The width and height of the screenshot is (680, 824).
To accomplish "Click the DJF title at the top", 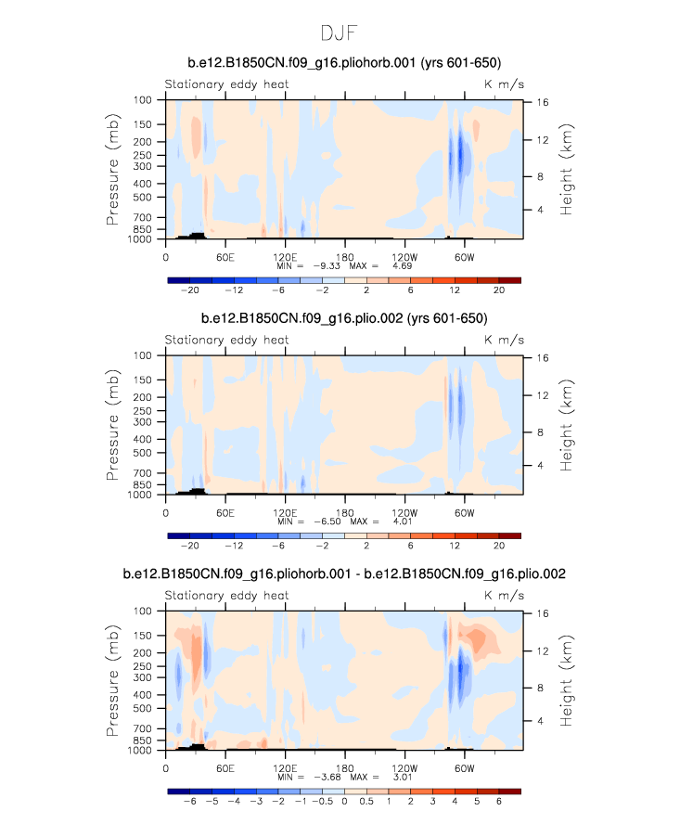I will coord(339,33).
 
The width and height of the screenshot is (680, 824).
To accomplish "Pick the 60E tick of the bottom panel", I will coord(225,767).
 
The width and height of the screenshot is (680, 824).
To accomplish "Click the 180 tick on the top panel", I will coord(345,256).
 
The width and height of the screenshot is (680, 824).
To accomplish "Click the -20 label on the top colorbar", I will coord(190,290).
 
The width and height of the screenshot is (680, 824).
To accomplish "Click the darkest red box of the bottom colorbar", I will coord(509,791).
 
